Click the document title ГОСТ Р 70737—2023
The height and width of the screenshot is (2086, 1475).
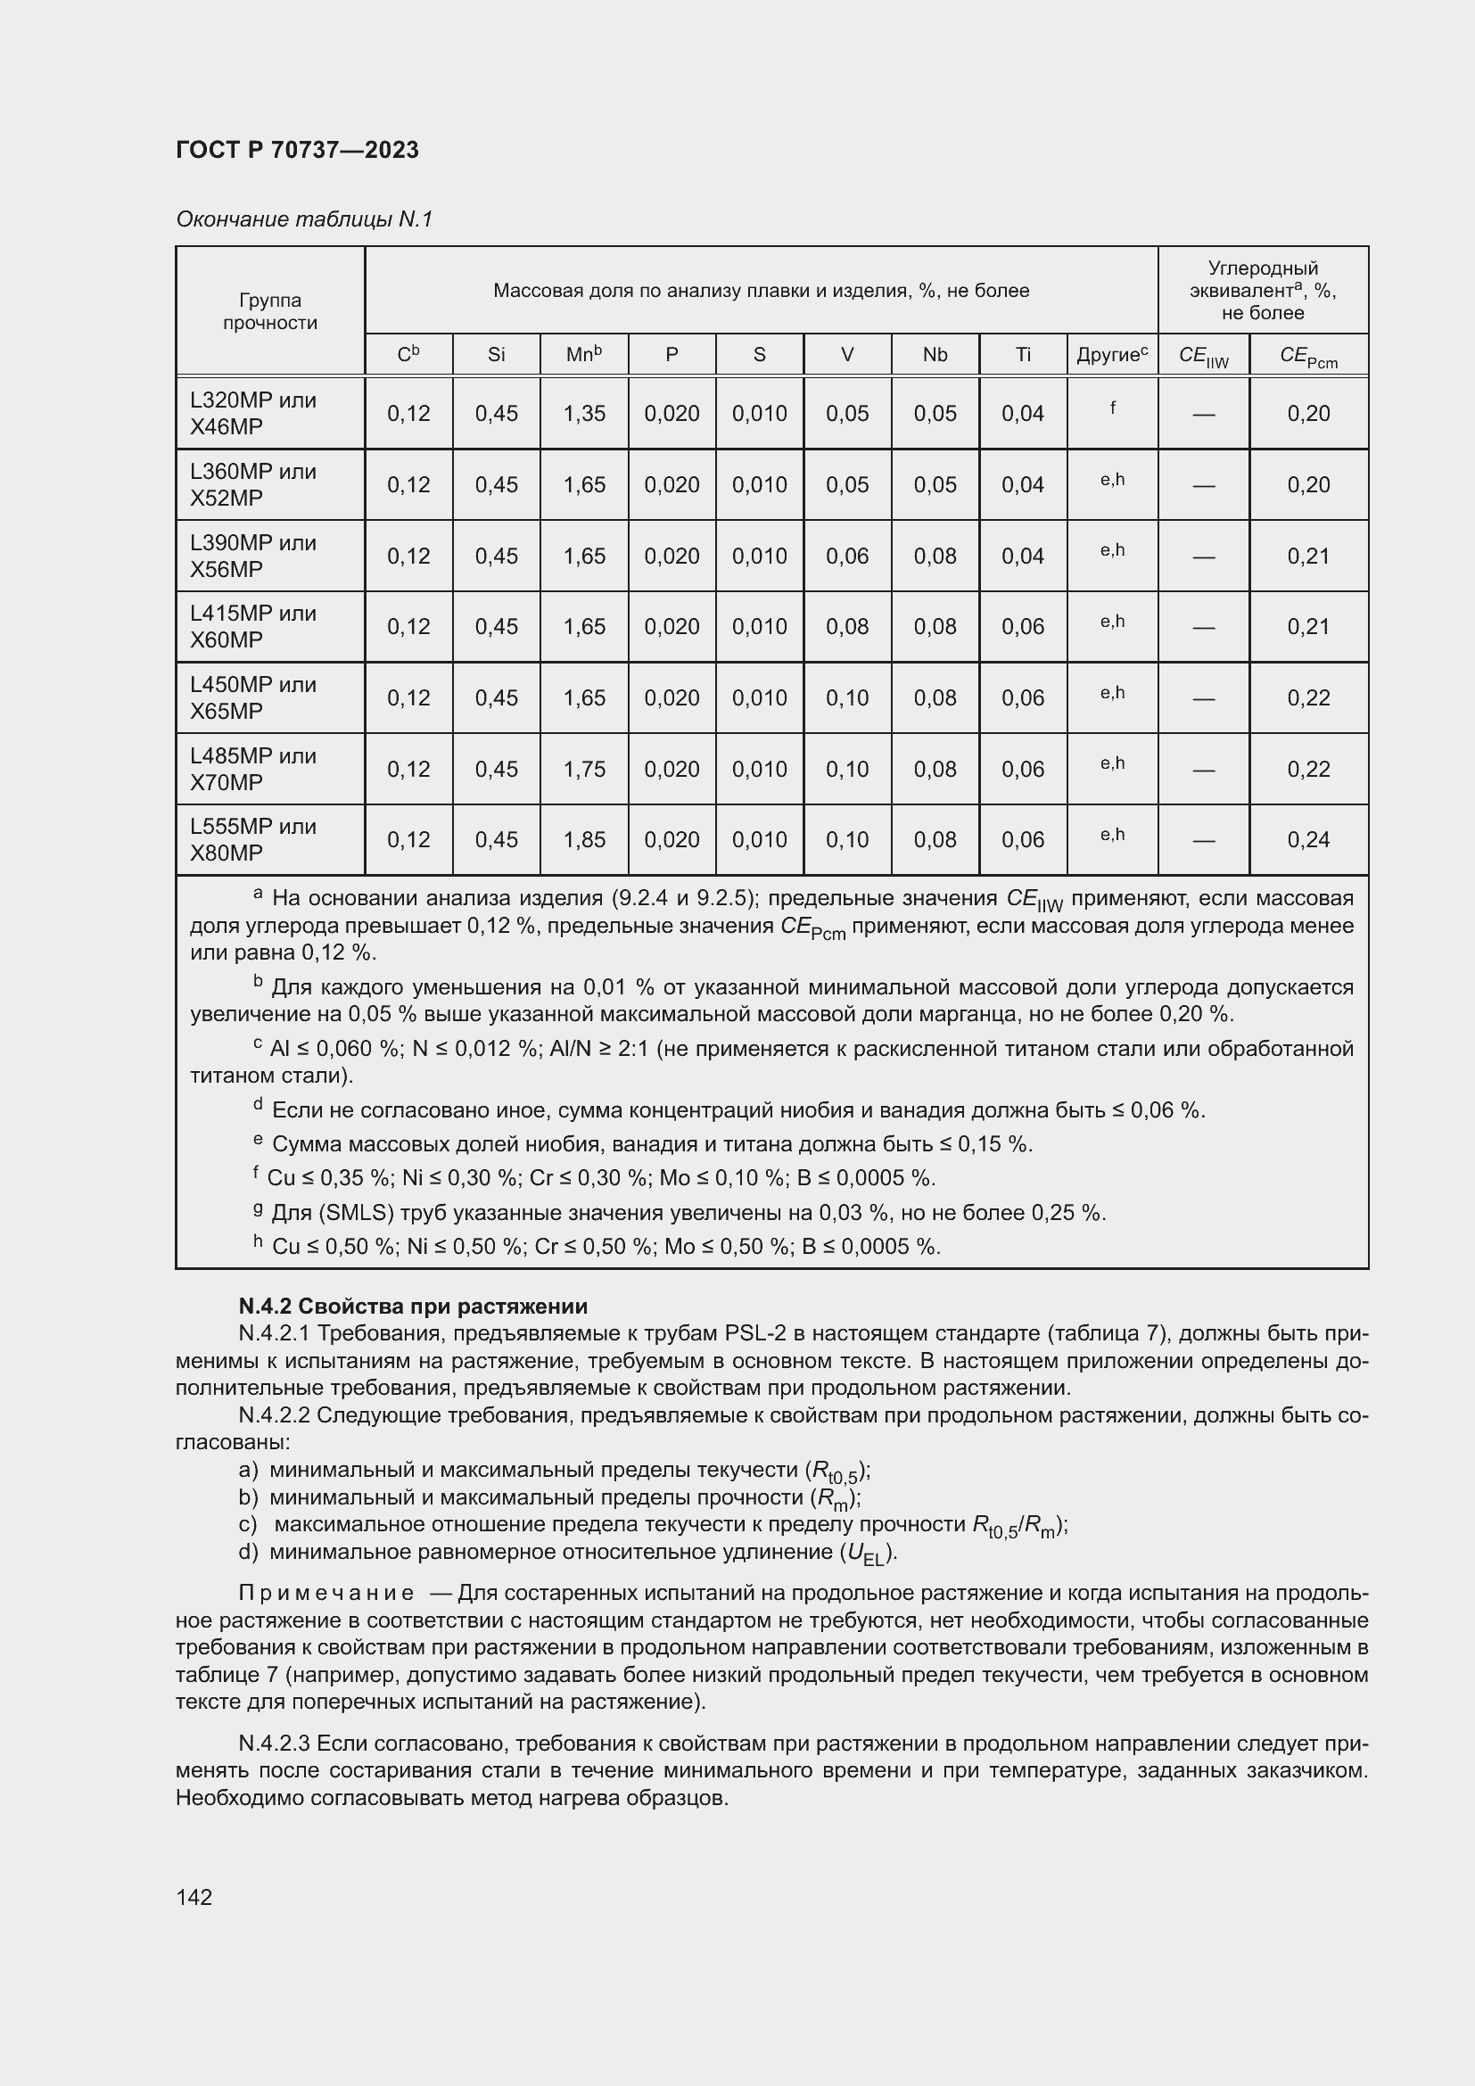(297, 150)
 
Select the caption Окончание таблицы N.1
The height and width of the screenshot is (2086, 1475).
(304, 219)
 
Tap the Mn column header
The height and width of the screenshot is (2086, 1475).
(583, 354)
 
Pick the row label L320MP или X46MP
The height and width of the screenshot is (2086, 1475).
(253, 414)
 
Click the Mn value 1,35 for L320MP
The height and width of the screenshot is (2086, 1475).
(584, 414)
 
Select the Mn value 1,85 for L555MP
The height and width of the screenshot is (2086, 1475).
(584, 839)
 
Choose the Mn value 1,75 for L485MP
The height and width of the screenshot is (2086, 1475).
(584, 769)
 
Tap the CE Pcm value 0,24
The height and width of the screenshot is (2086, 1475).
(1308, 839)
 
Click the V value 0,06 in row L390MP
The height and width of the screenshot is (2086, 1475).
(846, 556)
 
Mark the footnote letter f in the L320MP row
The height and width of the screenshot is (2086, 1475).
(1112, 408)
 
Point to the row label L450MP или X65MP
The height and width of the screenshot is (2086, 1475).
(253, 697)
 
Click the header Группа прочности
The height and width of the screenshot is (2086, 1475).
(269, 310)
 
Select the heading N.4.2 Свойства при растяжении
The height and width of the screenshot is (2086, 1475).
(412, 1306)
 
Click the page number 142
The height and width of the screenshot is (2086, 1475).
(194, 1896)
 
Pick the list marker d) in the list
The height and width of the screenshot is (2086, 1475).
(248, 1551)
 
